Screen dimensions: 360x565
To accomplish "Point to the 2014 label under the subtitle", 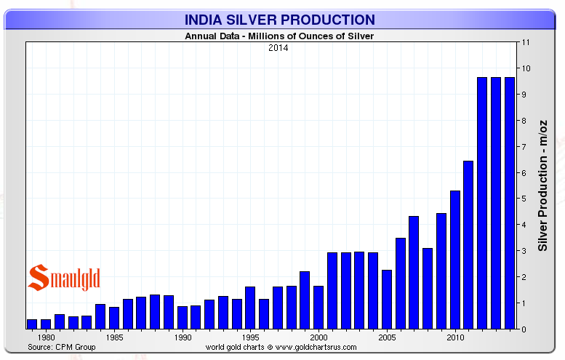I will coord(279,48).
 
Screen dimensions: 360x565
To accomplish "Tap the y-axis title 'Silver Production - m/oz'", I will coord(542,185).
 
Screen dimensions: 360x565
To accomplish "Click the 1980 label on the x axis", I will coord(46,338).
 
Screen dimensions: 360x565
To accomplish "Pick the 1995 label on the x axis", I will coord(250,338).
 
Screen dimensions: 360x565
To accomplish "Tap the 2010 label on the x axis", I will coord(454,338).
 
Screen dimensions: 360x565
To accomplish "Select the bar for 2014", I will coord(509,203).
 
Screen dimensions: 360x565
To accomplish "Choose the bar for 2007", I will coord(414,273).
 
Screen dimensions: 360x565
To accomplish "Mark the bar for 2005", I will coord(387,299).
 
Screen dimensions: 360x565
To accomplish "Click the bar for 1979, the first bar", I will coord(32,324).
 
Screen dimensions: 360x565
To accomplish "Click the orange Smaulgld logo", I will coord(63,279).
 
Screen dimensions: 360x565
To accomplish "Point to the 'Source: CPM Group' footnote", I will coord(61,347).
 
